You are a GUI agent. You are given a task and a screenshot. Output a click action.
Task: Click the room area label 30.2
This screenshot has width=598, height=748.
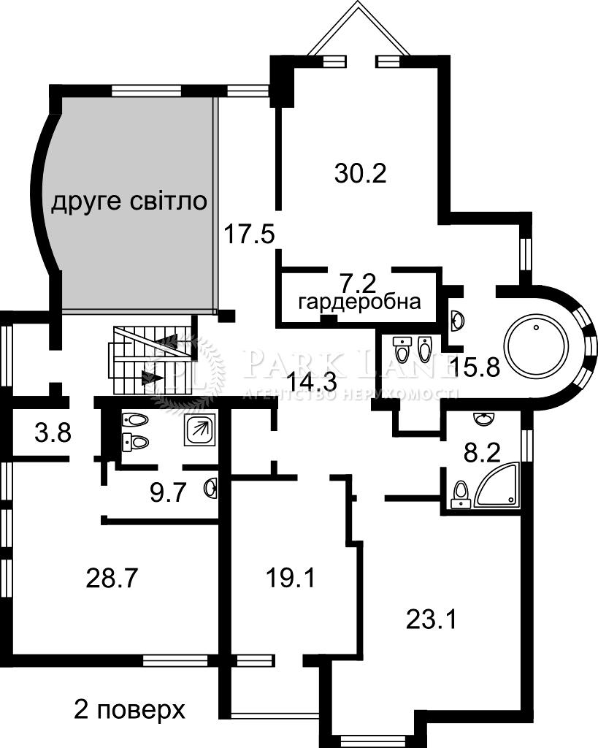[359, 173]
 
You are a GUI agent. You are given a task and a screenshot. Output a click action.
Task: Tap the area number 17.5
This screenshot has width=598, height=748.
[248, 235]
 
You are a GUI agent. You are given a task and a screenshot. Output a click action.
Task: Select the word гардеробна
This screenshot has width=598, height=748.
[360, 302]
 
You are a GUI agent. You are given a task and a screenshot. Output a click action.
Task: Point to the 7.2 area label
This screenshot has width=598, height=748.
[359, 280]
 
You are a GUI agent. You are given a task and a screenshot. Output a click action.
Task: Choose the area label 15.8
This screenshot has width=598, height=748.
[475, 366]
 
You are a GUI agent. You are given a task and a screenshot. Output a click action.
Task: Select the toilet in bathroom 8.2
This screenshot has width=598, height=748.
[460, 494]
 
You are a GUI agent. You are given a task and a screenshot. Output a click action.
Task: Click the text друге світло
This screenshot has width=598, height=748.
[129, 202]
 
